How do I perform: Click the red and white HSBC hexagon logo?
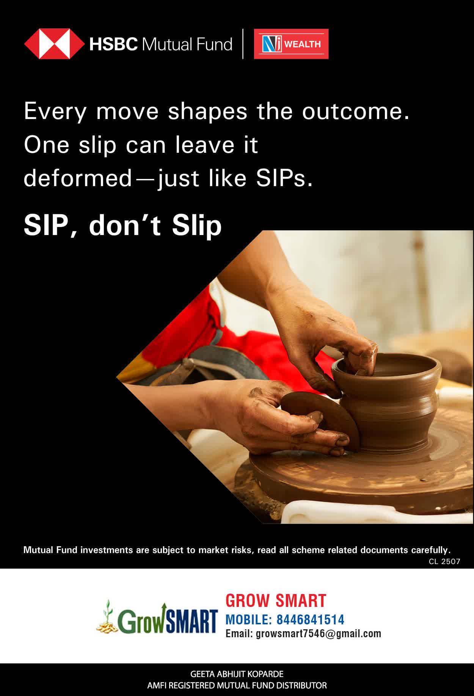(x=54, y=44)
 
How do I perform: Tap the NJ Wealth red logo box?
(x=291, y=44)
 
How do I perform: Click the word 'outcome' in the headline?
(x=355, y=111)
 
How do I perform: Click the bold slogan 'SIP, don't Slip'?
(x=122, y=226)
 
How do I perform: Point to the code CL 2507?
(x=444, y=561)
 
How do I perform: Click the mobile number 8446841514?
(x=310, y=619)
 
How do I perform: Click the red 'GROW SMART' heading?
(x=276, y=601)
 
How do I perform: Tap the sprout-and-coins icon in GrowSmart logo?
(x=107, y=617)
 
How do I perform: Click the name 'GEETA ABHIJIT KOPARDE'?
(x=237, y=674)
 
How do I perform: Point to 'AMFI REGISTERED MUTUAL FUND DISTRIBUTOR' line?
(x=237, y=685)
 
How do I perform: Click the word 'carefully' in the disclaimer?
(x=430, y=550)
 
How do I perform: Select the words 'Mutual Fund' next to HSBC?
(x=187, y=44)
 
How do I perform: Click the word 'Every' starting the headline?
(x=55, y=112)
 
